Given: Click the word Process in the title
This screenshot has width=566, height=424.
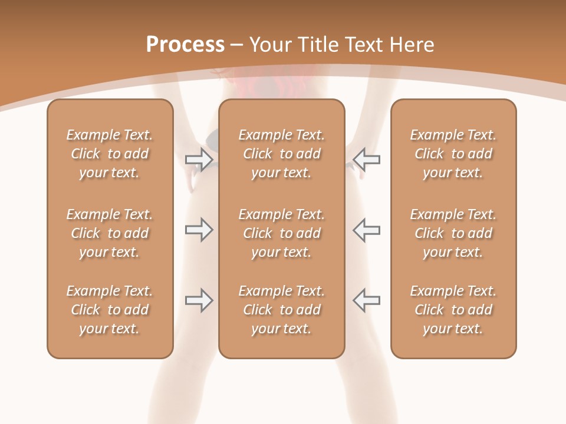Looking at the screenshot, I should coord(185,44).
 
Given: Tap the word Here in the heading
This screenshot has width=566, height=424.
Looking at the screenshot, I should coord(411,44).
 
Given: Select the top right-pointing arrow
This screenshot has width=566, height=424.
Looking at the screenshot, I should coord(199,158).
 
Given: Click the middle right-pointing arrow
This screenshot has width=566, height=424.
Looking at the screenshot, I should coord(199,230).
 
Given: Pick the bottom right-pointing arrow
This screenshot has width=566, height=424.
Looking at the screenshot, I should coord(199,300).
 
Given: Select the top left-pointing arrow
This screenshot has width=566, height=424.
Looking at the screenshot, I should coord(366,158).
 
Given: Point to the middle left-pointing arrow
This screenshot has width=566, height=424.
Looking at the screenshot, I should coord(366,230).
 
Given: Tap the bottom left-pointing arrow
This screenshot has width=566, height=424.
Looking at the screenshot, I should coord(366,300).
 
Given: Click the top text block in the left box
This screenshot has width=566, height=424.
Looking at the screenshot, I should coord(110,154).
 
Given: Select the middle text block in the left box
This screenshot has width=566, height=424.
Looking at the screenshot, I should coord(110,233).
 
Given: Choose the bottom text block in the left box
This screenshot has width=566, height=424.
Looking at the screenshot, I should coord(110,310).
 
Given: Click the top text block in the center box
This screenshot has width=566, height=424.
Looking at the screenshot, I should coord(281,154).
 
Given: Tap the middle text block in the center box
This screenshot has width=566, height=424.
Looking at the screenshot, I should coord(281,233).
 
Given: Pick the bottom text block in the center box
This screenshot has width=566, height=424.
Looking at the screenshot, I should coord(281,310).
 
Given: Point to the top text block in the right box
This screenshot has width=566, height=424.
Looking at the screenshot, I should coord(453,154).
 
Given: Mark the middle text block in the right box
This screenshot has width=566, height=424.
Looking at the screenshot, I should coord(453,233).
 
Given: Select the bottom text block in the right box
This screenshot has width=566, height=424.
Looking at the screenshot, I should coord(453,310).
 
